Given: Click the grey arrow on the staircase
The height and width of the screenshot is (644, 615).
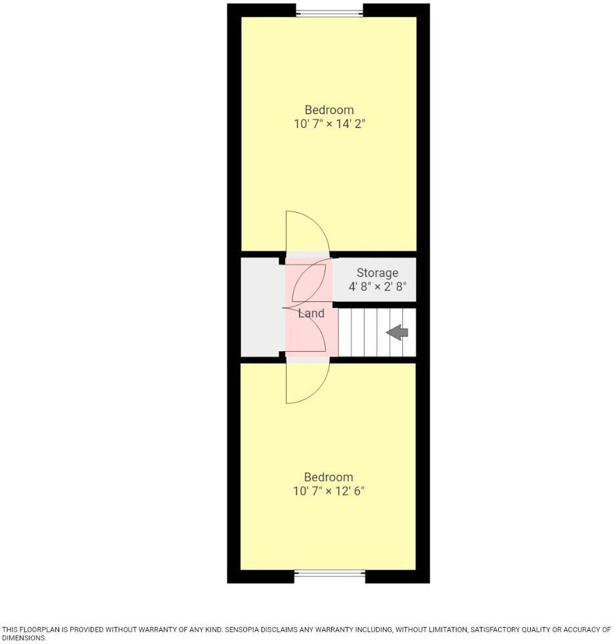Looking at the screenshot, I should (x=398, y=333).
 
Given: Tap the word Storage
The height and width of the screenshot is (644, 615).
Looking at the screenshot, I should (x=377, y=272).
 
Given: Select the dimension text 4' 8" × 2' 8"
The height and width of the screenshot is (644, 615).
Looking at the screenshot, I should (x=377, y=286).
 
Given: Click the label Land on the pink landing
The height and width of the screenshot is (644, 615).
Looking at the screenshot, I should (x=311, y=313).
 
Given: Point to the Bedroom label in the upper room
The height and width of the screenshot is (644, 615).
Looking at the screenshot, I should (x=329, y=110).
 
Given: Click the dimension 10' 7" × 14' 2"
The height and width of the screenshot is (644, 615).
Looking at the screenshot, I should (x=329, y=123).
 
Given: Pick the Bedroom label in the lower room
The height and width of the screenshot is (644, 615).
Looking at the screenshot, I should (x=328, y=477).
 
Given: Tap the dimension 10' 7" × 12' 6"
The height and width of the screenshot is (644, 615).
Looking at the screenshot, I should (x=328, y=491).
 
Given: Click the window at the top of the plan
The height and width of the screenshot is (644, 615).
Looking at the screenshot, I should (x=329, y=11).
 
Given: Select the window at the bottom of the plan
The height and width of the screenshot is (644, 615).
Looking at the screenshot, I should (x=329, y=574).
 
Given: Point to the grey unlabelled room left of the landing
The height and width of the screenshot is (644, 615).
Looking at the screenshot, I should (x=262, y=307).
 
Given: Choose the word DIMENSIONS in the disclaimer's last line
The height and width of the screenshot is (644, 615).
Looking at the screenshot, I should (x=24, y=637).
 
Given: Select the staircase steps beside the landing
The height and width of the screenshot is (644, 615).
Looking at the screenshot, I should (x=368, y=333).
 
